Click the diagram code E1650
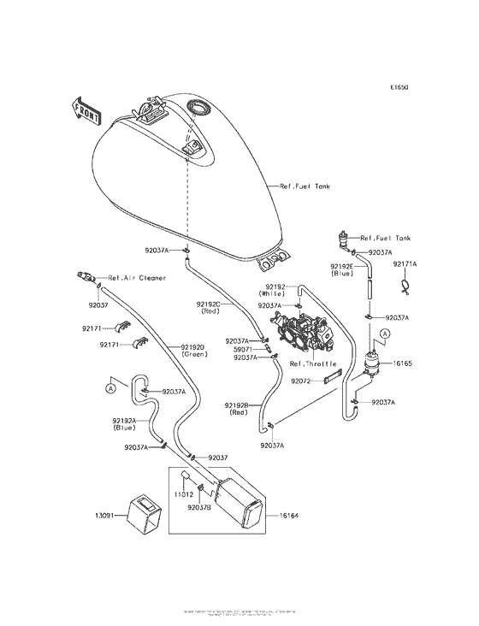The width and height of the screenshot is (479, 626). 400,87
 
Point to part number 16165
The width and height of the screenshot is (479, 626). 402,363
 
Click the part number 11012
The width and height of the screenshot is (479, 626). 183,494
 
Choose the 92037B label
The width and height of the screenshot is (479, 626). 200,507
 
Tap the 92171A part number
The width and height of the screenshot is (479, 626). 405,264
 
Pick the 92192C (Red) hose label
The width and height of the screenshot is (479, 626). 210,308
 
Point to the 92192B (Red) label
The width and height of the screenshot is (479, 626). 238,409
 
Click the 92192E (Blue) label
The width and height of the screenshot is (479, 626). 342,271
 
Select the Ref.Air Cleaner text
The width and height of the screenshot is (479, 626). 137,278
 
